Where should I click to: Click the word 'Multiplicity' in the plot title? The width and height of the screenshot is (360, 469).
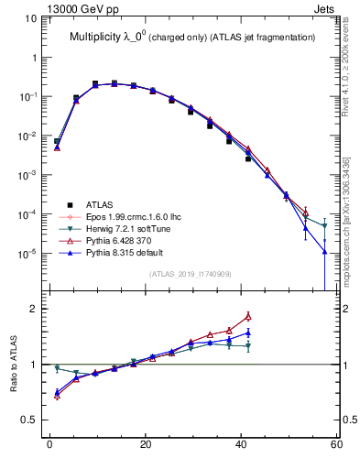98,37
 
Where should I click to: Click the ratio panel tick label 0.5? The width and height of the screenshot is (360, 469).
29,420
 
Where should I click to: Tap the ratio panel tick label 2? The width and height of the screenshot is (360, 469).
34,309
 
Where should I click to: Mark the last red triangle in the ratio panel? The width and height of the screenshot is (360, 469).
247,316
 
